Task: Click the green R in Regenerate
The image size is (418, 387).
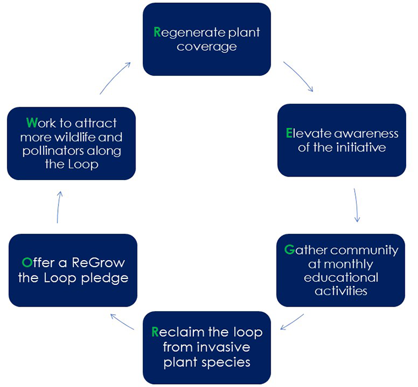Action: [158, 32]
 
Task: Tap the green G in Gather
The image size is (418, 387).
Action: [289, 249]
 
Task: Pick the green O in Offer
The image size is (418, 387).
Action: [26, 262]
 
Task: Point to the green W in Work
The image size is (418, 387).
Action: [32, 122]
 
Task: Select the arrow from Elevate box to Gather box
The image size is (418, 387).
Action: [356, 206]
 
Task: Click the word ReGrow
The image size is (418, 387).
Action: [93, 263]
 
